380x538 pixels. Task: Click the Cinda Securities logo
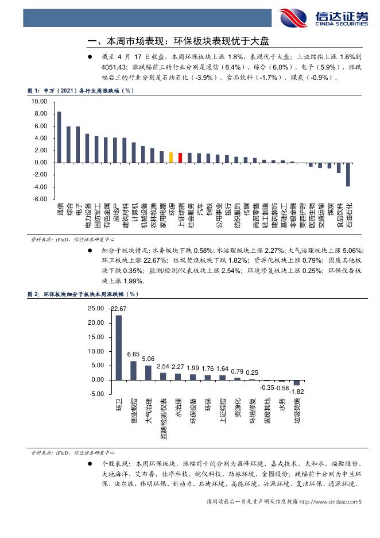[324, 18]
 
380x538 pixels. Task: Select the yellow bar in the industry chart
[171, 157]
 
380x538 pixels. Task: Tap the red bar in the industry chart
[180, 158]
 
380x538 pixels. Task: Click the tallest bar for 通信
[59, 137]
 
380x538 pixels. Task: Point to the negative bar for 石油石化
[348, 174]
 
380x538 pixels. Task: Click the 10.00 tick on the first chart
[39, 102]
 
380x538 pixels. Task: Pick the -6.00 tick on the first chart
[40, 199]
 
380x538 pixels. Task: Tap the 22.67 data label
[119, 309]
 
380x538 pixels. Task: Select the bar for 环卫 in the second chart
[119, 348]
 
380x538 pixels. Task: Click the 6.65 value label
[133, 355]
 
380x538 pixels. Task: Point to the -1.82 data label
[297, 391]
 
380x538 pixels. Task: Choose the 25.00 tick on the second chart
[96, 309]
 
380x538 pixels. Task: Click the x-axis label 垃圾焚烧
[297, 411]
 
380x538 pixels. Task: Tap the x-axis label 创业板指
[134, 411]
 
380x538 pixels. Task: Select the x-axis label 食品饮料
[340, 215]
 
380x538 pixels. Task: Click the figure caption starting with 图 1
[80, 91]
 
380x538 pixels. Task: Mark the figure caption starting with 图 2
[83, 294]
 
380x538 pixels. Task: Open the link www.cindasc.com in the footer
[330, 502]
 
